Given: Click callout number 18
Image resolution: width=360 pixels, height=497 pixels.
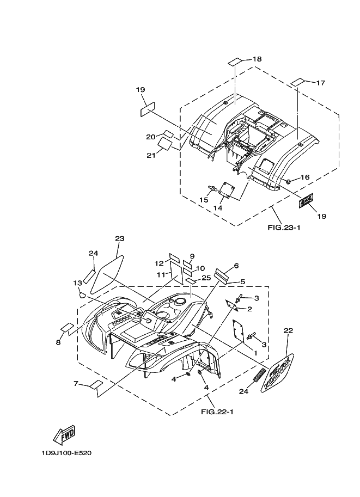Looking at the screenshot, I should pyautogui.click(x=257, y=59).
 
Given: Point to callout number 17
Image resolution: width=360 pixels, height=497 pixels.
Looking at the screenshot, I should pyautogui.click(x=320, y=83).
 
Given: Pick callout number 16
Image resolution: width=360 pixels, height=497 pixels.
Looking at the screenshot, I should pyautogui.click(x=304, y=177).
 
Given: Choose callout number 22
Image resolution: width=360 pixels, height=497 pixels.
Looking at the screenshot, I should pyautogui.click(x=288, y=330).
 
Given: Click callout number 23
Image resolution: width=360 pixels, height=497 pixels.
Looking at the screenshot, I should pyautogui.click(x=120, y=238).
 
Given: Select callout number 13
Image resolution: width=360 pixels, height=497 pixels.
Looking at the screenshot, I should pyautogui.click(x=77, y=283).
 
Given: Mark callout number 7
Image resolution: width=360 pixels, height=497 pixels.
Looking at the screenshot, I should pyautogui.click(x=76, y=384).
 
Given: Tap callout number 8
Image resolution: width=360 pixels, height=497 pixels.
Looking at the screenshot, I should pyautogui.click(x=58, y=342).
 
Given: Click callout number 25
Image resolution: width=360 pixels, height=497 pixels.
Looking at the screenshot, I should pyautogui.click(x=206, y=278).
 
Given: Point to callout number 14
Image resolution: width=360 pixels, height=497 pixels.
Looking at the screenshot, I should pyautogui.click(x=218, y=208).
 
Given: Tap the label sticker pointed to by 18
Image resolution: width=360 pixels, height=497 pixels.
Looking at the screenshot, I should pyautogui.click(x=235, y=60).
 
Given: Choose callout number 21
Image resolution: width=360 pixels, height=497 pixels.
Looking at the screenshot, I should pyautogui.click(x=150, y=155).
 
